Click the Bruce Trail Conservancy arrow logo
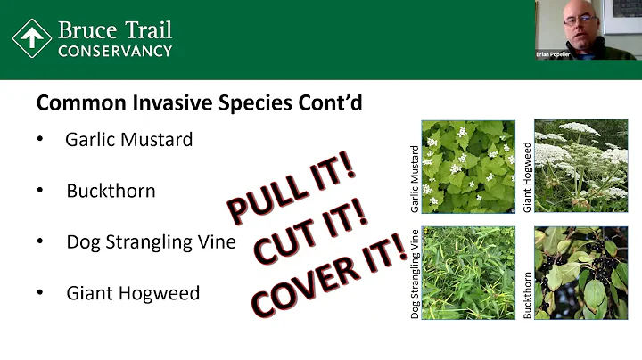tap(31, 38)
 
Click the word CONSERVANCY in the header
tap(114, 51)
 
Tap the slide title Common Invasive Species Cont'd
tap(199, 102)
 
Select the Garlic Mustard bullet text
tap(128, 140)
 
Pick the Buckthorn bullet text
tap(111, 191)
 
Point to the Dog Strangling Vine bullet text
tap(151, 241)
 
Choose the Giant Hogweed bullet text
tap(133, 292)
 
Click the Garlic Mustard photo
tap(469, 167)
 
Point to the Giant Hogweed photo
tap(581, 167)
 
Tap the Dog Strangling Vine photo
tap(469, 273)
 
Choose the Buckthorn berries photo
tap(581, 273)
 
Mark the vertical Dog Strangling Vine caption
tap(416, 273)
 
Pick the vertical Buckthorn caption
tap(527, 295)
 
